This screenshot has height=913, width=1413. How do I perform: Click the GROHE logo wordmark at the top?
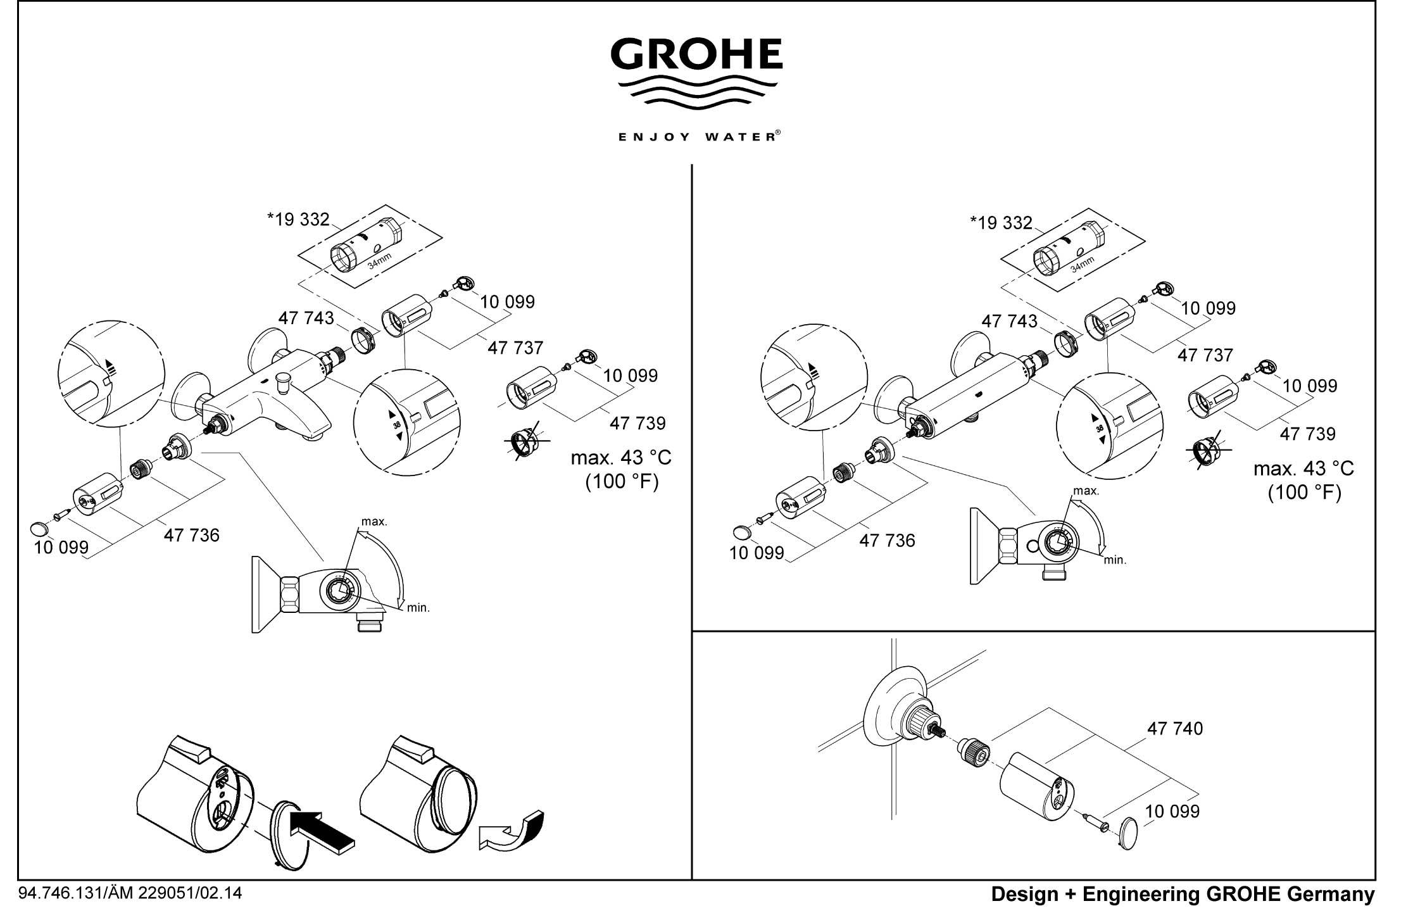pyautogui.click(x=696, y=54)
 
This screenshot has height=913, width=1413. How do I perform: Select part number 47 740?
pyautogui.click(x=1175, y=729)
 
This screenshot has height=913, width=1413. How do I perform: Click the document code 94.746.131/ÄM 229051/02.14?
pyautogui.click(x=131, y=893)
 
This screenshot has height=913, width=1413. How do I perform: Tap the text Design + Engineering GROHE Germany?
pyautogui.click(x=1183, y=895)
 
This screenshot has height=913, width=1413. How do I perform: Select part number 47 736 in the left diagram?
pyautogui.click(x=191, y=536)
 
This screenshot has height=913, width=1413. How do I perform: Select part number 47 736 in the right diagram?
pyautogui.click(x=887, y=541)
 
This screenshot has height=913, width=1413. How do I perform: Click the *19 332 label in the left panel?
pyautogui.click(x=298, y=220)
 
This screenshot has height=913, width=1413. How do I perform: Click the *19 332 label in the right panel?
pyautogui.click(x=1001, y=223)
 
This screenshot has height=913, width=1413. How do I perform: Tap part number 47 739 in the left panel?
pyautogui.click(x=637, y=423)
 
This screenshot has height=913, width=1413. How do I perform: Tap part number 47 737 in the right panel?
pyautogui.click(x=1205, y=355)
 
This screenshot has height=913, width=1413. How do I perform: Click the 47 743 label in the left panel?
pyautogui.click(x=306, y=318)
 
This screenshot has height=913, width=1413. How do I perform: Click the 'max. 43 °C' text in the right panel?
pyautogui.click(x=1303, y=469)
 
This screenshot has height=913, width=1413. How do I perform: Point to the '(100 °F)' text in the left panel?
pyautogui.click(x=622, y=482)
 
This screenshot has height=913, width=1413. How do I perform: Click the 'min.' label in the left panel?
pyautogui.click(x=418, y=608)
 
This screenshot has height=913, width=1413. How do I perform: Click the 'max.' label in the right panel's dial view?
pyautogui.click(x=1086, y=491)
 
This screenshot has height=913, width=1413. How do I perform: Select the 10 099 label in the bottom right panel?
pyautogui.click(x=1172, y=811)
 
